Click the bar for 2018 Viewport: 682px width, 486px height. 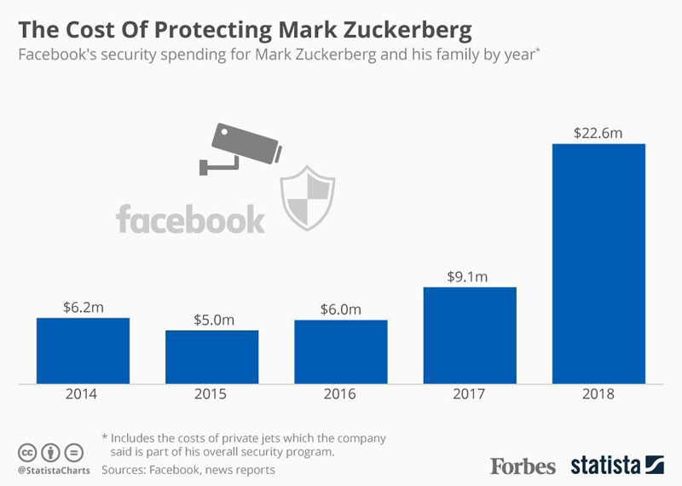pos(598,263)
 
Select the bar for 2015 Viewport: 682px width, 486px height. pos(211,356)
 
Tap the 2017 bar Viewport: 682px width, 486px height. pos(470,335)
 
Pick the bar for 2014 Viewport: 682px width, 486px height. pos(83,350)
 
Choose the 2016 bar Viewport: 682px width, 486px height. pos(340,351)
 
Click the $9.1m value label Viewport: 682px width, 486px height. pos(470,276)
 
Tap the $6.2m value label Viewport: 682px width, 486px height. pos(83,306)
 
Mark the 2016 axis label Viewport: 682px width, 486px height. pos(340,395)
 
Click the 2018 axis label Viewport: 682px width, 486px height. pos(598,395)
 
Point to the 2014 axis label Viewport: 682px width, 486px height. pos(83,395)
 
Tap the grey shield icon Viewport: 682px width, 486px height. pos(308,198)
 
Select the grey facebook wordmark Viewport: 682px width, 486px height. pos(190,218)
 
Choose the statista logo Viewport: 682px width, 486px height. pos(617,466)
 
